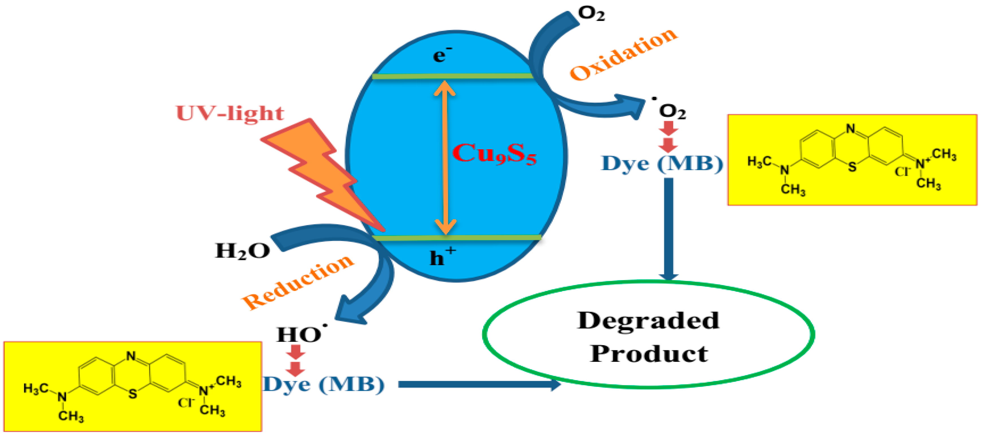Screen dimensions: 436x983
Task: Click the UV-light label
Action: (230, 113)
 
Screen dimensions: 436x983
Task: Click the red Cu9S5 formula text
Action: (494, 154)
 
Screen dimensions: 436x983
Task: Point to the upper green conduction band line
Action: (452, 76)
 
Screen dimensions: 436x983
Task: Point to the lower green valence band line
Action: (456, 238)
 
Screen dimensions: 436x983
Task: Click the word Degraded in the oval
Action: (648, 320)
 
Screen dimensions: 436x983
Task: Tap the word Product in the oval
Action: (649, 353)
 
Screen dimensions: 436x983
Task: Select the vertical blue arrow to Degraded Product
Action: (669, 229)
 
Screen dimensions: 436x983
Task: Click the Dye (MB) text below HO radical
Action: (324, 384)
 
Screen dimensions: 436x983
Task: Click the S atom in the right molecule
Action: (852, 167)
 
